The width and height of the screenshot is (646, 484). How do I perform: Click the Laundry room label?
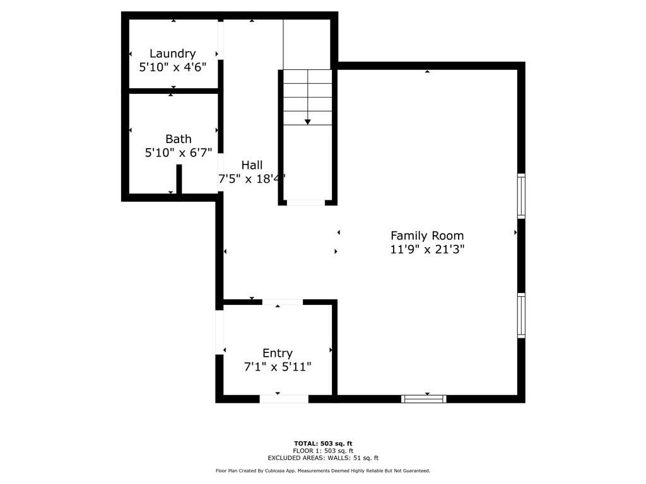coord(172,54)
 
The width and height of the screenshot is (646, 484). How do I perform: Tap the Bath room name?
coord(179,139)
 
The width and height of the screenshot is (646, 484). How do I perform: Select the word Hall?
coord(252,165)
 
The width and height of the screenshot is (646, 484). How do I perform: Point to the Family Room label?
coord(427,236)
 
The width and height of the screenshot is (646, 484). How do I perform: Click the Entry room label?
coord(278,353)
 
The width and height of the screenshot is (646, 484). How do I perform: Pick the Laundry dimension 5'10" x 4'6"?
coord(173,67)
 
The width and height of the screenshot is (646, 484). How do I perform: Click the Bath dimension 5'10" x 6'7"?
coord(179,153)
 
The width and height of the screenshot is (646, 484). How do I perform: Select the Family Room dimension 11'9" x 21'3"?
coord(427,249)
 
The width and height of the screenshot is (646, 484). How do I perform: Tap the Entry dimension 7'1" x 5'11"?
coord(278,366)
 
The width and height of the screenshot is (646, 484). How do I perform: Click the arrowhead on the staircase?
coord(308,122)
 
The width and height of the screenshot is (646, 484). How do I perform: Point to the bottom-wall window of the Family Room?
coord(424,399)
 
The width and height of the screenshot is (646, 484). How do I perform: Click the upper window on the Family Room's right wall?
coord(521,196)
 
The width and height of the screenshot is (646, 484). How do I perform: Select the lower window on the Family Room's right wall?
coord(521,315)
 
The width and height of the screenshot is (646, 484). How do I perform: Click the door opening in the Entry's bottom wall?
coord(284,399)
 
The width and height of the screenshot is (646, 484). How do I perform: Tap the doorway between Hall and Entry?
coord(283,302)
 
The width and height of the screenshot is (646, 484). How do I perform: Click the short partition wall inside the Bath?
coord(179,179)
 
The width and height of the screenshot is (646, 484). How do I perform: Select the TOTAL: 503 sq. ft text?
coord(323,443)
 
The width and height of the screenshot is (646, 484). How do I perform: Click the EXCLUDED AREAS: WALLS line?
coord(323,458)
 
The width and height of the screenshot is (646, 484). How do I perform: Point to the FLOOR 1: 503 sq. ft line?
coord(323,451)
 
